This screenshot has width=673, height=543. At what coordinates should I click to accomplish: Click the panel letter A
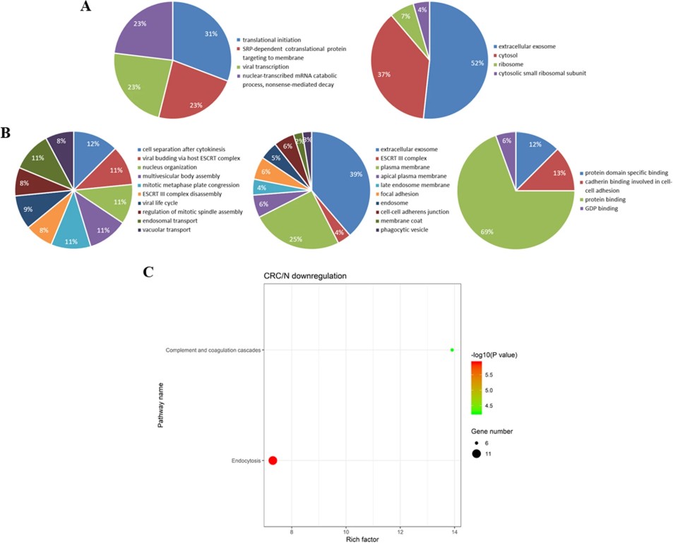(x=86, y=8)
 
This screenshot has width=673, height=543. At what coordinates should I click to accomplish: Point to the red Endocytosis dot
(x=273, y=460)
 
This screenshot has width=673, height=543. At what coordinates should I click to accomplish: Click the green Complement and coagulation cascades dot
(x=452, y=350)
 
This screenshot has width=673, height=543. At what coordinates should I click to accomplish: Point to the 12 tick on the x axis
(x=400, y=531)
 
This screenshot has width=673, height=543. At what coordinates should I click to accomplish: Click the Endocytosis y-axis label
(x=246, y=460)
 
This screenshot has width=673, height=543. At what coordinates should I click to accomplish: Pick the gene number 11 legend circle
(x=477, y=453)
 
